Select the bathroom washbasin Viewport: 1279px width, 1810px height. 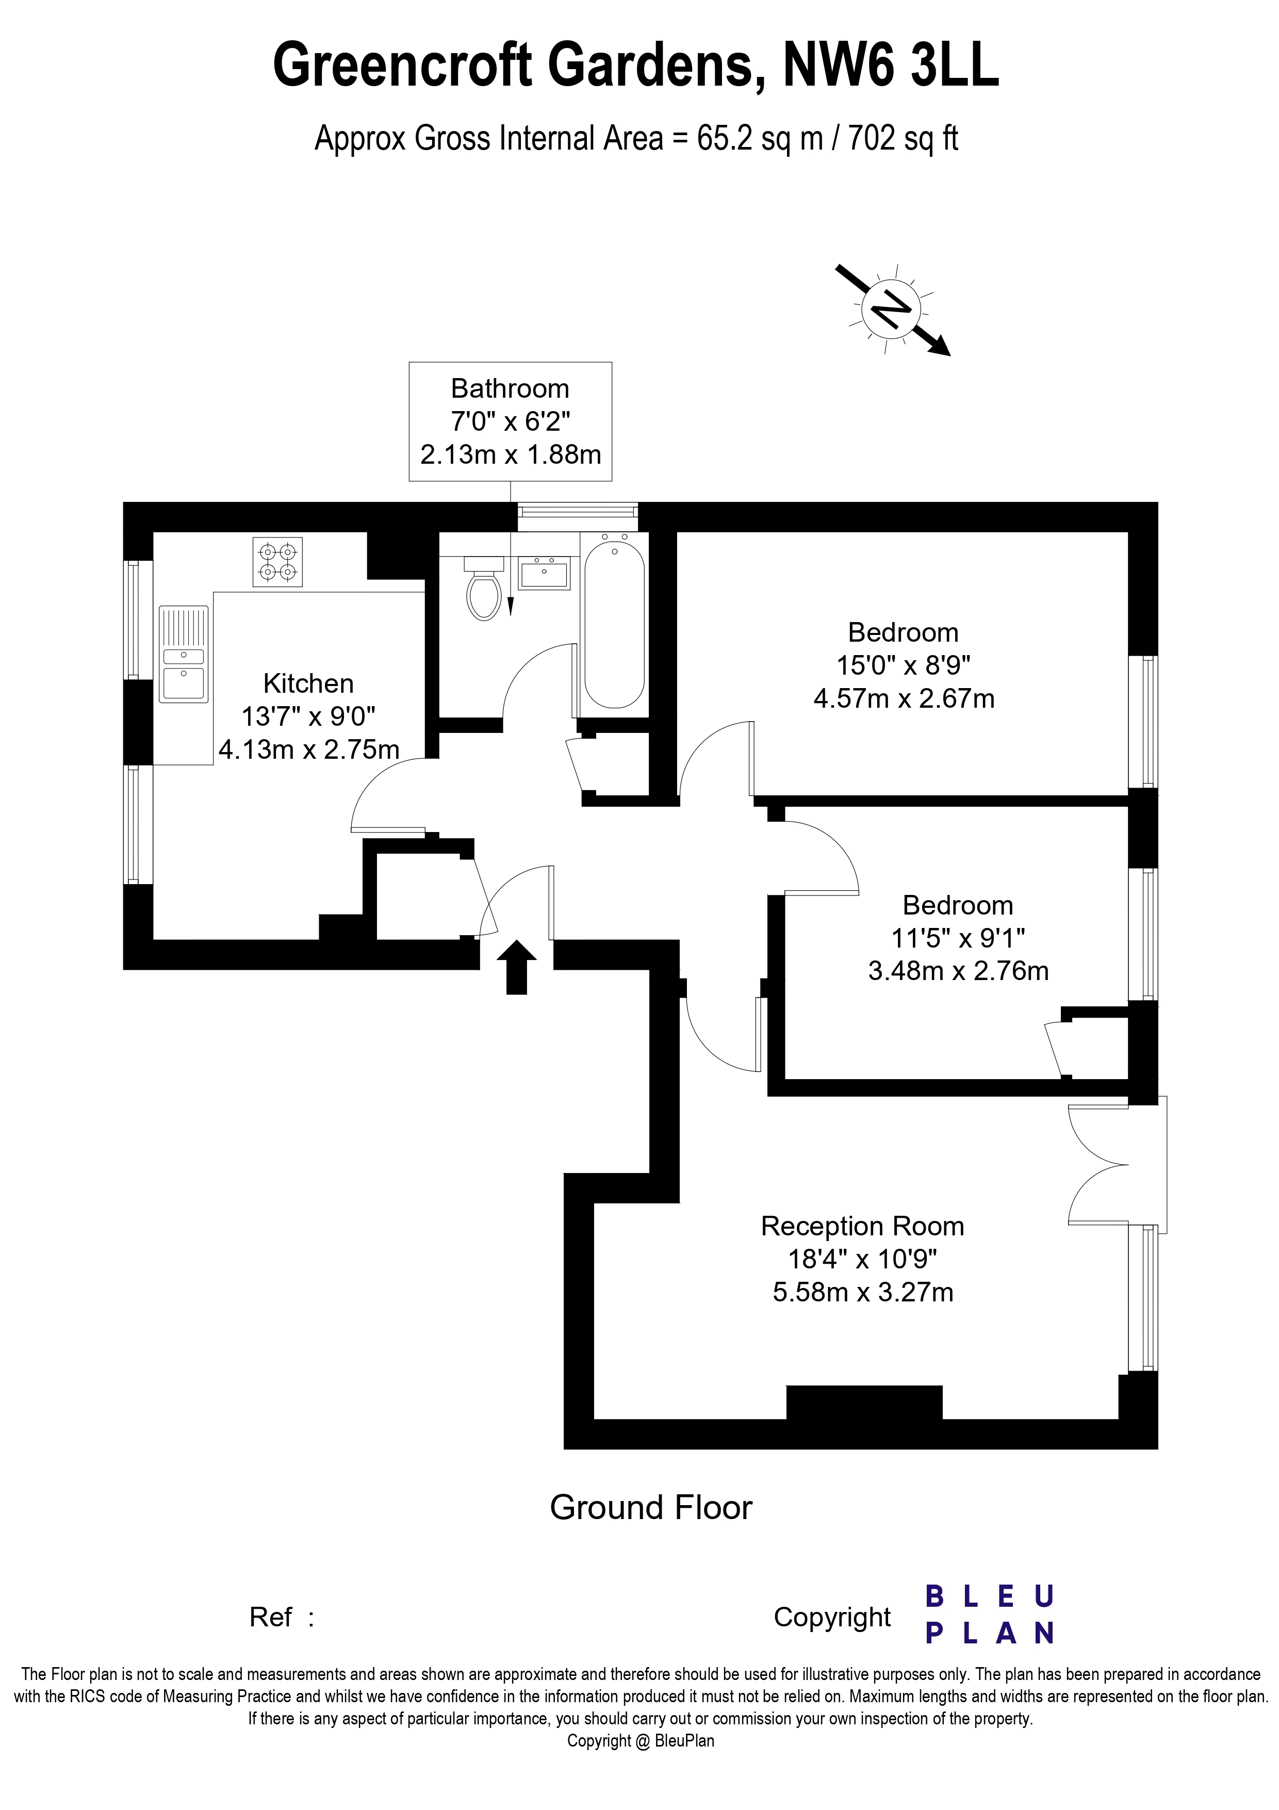point(544,573)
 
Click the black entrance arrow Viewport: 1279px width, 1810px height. point(517,967)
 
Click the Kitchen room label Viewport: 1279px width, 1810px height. point(308,683)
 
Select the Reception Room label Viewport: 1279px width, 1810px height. point(863,1227)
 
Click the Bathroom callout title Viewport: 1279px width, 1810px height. point(510,388)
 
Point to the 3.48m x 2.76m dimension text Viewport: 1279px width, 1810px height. point(958,971)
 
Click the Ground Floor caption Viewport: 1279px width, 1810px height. point(651,1508)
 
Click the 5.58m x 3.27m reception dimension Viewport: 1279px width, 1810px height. point(863,1293)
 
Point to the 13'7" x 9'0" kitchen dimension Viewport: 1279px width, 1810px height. point(308,716)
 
